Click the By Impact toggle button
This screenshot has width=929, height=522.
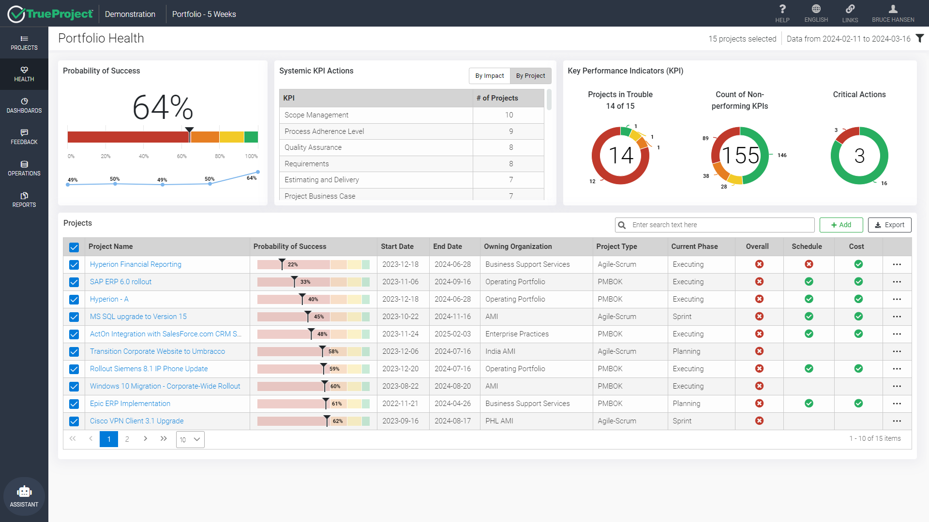pos(489,76)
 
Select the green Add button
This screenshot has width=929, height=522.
pos(841,225)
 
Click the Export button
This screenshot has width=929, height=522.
pos(889,225)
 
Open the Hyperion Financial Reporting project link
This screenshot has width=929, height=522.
pos(135,264)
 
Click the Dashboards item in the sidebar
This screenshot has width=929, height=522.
pos(24,105)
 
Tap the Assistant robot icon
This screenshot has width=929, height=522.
pos(24,492)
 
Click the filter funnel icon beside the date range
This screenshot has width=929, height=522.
pos(920,38)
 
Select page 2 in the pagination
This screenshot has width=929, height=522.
pos(127,439)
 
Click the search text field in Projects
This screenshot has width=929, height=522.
pos(721,225)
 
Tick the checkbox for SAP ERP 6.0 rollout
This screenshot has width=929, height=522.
pos(74,282)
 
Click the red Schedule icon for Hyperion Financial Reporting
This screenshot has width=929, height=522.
pos(809,264)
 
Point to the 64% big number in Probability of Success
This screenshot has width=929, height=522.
pos(163,107)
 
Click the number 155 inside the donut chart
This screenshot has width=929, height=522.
pos(740,156)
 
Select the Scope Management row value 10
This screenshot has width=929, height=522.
pos(509,115)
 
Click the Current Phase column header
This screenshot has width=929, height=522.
pos(694,246)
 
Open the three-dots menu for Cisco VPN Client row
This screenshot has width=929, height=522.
pos(897,421)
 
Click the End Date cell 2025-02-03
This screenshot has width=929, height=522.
pos(452,334)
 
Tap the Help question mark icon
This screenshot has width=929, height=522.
pos(782,9)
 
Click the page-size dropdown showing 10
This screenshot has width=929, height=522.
pos(190,439)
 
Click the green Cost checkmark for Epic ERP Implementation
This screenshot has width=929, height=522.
pos(858,403)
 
